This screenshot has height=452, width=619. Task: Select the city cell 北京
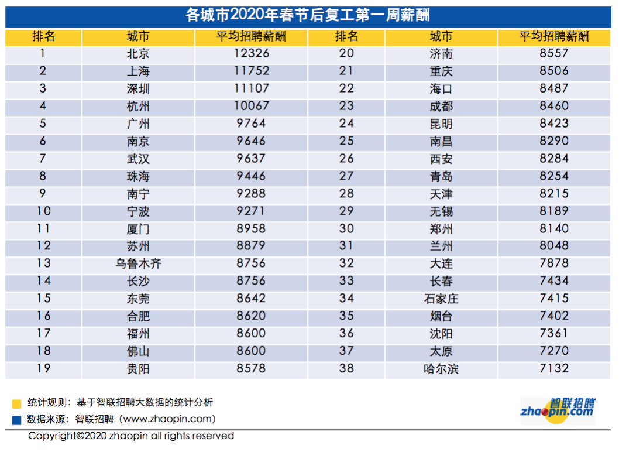click(x=138, y=54)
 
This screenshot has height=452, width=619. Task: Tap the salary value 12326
click(x=251, y=54)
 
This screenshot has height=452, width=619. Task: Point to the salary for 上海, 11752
click(x=251, y=71)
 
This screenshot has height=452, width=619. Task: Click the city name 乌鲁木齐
click(x=138, y=263)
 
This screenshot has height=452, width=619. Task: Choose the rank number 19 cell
click(x=44, y=368)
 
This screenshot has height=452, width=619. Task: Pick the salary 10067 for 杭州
click(x=251, y=107)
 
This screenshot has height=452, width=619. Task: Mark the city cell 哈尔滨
click(x=441, y=369)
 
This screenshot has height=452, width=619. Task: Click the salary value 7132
click(x=554, y=369)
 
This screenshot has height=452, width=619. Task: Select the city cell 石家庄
click(x=441, y=299)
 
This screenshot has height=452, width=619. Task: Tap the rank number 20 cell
click(x=346, y=54)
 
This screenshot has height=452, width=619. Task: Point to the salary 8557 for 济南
click(x=554, y=54)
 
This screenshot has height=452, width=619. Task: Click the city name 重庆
click(x=441, y=71)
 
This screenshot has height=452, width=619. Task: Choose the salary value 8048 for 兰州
click(x=554, y=246)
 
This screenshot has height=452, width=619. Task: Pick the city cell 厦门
click(x=138, y=228)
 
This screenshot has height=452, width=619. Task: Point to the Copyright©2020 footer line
click(x=131, y=436)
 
